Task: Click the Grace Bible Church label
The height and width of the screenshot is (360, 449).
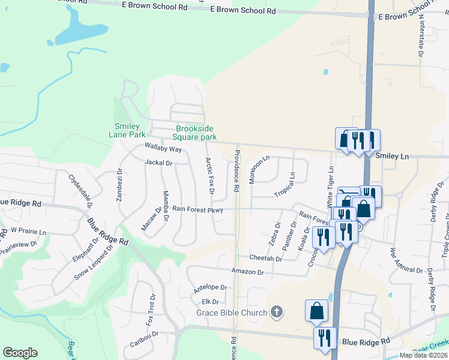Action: pyautogui.click(x=231, y=313)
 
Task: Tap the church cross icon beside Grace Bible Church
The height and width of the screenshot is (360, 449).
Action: pyautogui.click(x=276, y=311)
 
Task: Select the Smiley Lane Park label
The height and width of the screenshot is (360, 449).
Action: pyautogui.click(x=127, y=130)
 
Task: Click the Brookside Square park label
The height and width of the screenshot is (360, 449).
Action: pyautogui.click(x=195, y=133)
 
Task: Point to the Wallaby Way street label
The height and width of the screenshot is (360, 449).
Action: pyautogui.click(x=163, y=148)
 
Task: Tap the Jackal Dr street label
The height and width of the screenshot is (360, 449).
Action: pyautogui.click(x=158, y=163)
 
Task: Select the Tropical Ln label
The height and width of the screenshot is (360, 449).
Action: pyautogui.click(x=285, y=185)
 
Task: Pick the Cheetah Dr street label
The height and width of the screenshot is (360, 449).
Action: pyautogui.click(x=265, y=258)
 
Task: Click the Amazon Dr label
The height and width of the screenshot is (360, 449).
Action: pyautogui.click(x=247, y=272)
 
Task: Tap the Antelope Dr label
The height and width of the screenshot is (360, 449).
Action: pyautogui.click(x=210, y=289)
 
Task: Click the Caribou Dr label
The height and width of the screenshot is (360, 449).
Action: pyautogui.click(x=144, y=339)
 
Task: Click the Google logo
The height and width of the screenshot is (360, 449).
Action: pyautogui.click(x=20, y=352)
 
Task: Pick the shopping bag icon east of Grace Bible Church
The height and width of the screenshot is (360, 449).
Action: pyautogui.click(x=316, y=310)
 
